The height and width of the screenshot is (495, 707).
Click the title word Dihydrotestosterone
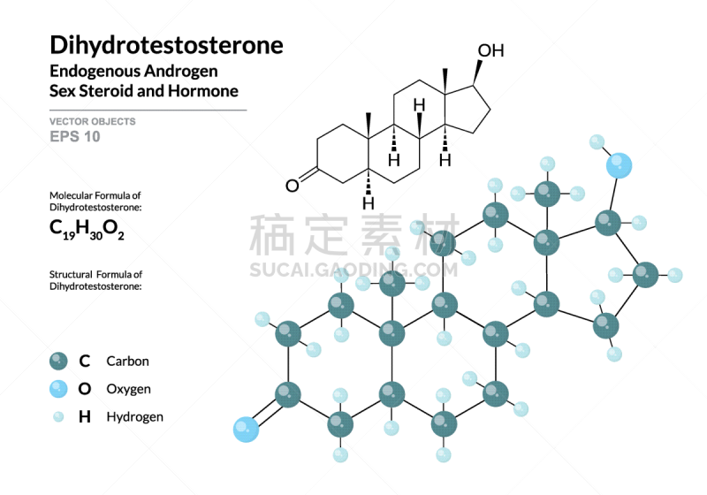click(x=166, y=45)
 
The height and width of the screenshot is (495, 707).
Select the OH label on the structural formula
click(x=490, y=50)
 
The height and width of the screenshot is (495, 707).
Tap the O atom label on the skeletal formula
click(x=292, y=186)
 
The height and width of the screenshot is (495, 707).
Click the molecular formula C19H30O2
click(x=87, y=231)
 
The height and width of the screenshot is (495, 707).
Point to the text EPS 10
click(x=75, y=137)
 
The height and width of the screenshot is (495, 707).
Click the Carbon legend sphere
click(x=59, y=361)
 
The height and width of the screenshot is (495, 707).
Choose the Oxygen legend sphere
click(x=59, y=389)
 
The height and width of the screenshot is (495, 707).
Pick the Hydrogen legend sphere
click(x=59, y=417)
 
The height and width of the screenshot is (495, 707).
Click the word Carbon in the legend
click(x=127, y=361)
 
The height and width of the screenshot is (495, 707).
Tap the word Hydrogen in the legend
click(x=134, y=417)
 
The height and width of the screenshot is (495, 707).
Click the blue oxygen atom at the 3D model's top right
click(x=620, y=164)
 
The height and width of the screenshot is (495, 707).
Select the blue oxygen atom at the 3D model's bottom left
click(x=246, y=430)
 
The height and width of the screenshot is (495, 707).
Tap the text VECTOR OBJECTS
click(x=93, y=121)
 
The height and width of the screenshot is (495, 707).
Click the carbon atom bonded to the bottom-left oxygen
click(x=287, y=394)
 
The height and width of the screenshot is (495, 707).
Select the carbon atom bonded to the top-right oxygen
click(x=607, y=222)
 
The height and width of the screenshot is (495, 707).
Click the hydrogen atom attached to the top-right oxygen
click(x=597, y=141)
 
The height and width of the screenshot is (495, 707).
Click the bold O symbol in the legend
click(x=85, y=389)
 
